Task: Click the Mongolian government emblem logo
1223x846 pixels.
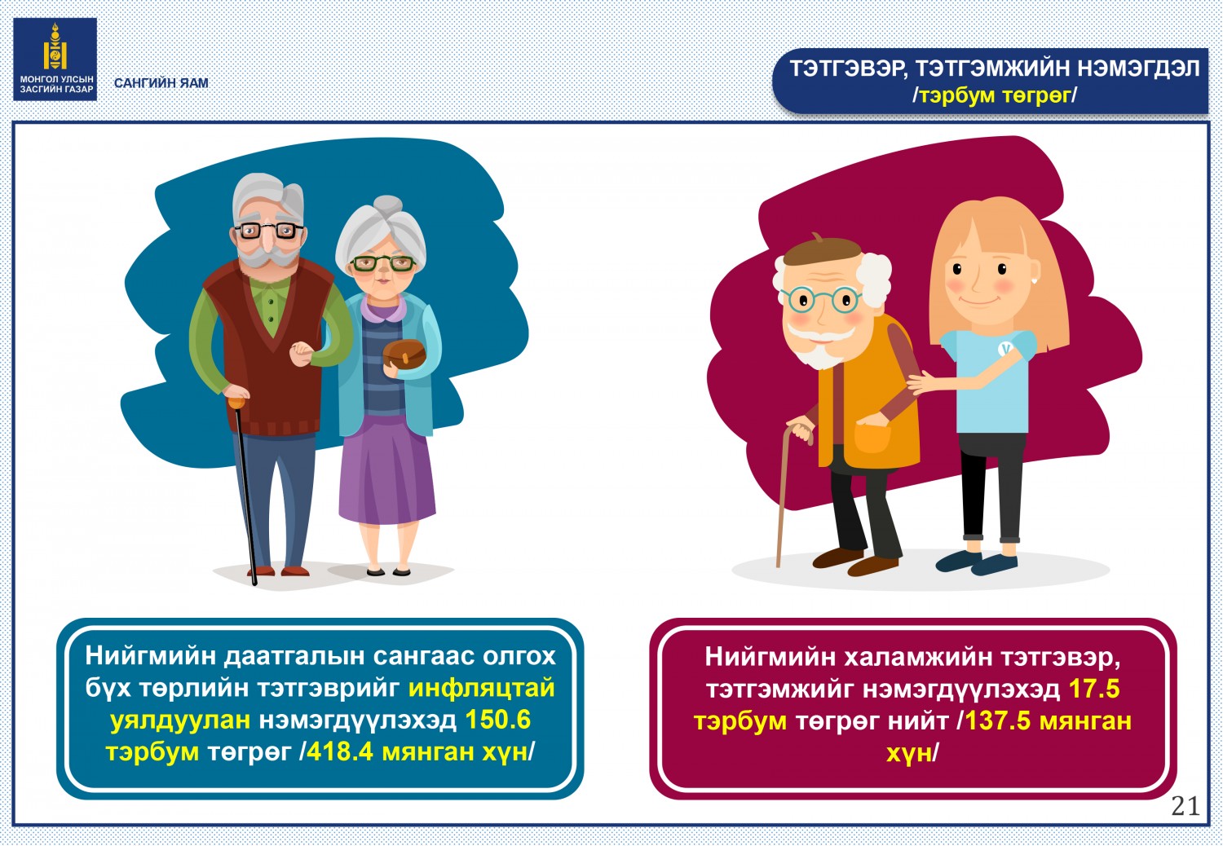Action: (x=55, y=59)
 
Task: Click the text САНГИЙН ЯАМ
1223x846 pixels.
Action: (x=161, y=83)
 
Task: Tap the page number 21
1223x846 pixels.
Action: (x=1185, y=805)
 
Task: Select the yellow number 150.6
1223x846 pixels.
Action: (x=498, y=720)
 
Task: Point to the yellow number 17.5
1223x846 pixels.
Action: (x=1094, y=689)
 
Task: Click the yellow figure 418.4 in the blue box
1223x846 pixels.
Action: (x=340, y=751)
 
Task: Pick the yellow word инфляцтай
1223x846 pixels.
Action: (x=482, y=688)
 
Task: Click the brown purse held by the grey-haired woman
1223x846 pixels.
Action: (x=404, y=354)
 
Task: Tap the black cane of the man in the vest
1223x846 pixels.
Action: (x=245, y=491)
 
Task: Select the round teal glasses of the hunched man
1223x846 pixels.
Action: (x=820, y=299)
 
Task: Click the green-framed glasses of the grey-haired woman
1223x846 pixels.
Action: (x=382, y=263)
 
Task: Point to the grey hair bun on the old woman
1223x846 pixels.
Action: (x=387, y=204)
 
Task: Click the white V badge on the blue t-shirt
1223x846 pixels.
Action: (x=1005, y=348)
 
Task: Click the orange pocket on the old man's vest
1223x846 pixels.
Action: (x=872, y=437)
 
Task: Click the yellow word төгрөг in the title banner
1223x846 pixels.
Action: (x=1035, y=95)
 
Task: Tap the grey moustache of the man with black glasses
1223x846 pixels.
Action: (x=268, y=253)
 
